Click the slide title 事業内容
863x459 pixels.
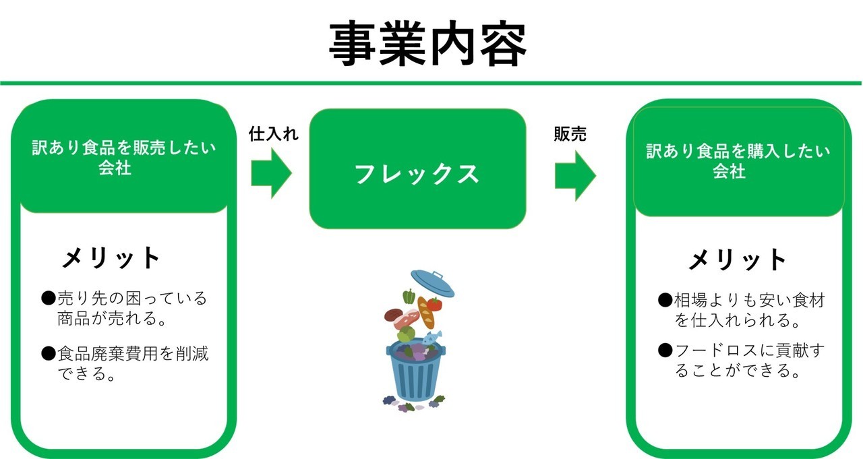coord(427,44)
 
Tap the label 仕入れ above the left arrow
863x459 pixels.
coord(273,134)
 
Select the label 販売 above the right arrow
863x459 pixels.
coord(570,134)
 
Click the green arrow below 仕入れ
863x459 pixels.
coord(271,173)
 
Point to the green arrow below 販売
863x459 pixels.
coord(575,176)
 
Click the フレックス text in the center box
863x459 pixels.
coord(417,174)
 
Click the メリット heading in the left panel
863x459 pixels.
coord(111,257)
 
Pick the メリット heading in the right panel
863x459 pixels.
coord(737,259)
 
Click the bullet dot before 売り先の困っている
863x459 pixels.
coord(49,299)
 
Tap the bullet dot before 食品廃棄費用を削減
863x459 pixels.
coord(49,353)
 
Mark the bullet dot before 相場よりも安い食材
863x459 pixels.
coord(665,299)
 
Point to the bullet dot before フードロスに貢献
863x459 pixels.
coord(665,350)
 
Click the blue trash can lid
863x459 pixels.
coord(433,283)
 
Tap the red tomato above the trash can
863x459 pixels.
coord(434,304)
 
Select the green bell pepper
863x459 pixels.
coord(409,297)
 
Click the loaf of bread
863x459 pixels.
coord(425,312)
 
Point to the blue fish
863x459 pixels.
coord(432,338)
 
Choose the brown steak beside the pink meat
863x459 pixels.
coord(393,315)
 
